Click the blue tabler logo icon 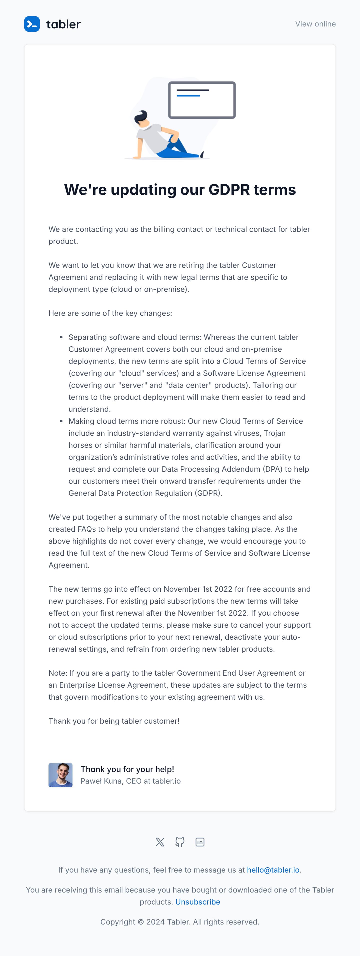point(32,24)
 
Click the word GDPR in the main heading point(229,190)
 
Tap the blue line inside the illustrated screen point(188,96)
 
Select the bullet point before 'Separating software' point(61,337)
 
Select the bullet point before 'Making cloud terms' point(61,421)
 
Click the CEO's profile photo point(60,775)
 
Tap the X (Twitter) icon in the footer point(160,842)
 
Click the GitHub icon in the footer point(180,842)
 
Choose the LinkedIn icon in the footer point(200,842)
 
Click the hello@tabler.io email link point(273,870)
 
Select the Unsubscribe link point(198,902)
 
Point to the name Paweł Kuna point(101,781)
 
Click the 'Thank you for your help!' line point(127,769)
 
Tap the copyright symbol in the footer point(141,922)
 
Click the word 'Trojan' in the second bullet point(275,433)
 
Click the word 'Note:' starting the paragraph point(58,673)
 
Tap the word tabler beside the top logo point(63,24)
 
